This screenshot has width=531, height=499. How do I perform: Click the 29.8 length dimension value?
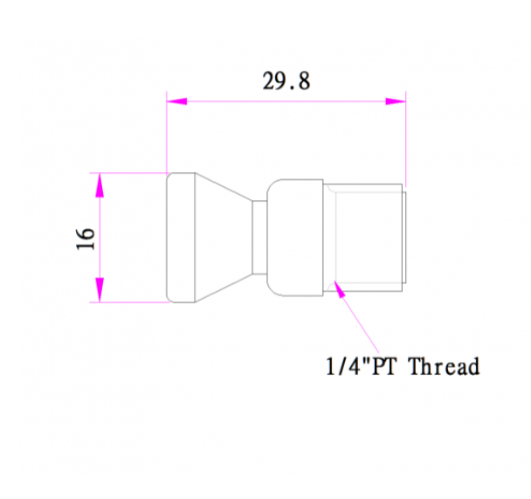pyautogui.click(x=286, y=81)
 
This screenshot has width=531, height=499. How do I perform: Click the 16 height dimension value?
pyautogui.click(x=85, y=239)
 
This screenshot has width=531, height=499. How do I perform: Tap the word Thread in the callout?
pyautogui.click(x=445, y=366)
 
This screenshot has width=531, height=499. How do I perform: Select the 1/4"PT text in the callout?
pyautogui.click(x=361, y=366)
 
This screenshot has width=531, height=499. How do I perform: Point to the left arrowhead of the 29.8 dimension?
pyautogui.click(x=176, y=101)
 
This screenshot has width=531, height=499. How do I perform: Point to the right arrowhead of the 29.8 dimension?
pyautogui.click(x=396, y=101)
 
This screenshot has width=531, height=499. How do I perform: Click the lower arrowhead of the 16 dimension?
pyautogui.click(x=100, y=289)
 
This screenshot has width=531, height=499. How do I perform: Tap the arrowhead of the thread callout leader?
pyautogui.click(x=340, y=289)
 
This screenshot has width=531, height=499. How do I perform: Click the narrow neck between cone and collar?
pyautogui.click(x=259, y=238)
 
